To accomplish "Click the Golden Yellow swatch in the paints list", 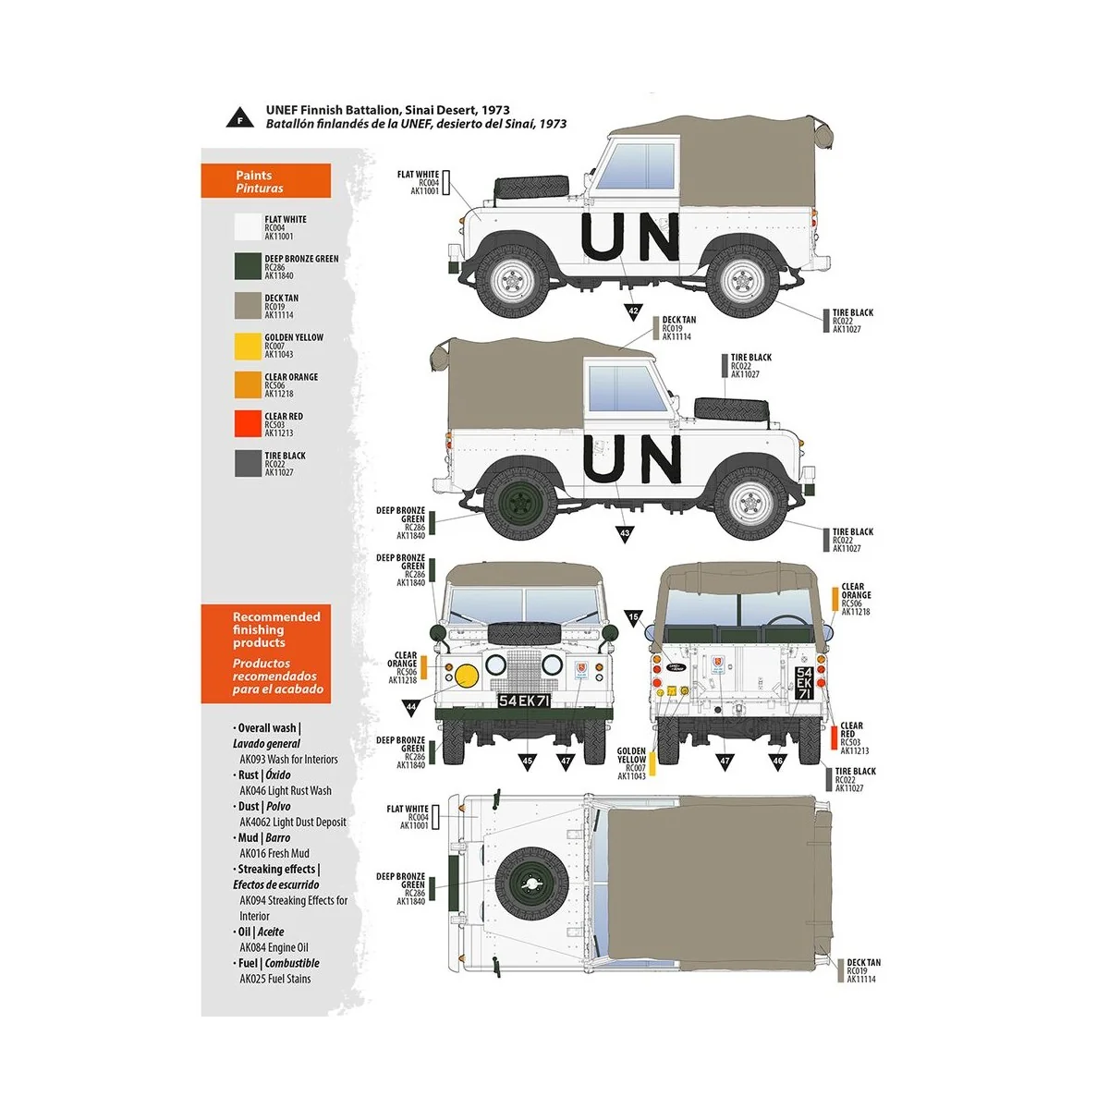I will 249,347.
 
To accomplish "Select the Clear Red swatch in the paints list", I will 249,424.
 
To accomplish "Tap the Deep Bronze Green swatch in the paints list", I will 249,267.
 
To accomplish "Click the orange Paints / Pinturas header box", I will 265,181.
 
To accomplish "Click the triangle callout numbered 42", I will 633,311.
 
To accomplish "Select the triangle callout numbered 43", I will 625,533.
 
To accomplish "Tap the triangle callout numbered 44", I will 411,706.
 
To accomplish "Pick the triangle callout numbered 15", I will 633,616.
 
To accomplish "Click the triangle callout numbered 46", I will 777,761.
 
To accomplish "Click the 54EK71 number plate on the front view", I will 525,701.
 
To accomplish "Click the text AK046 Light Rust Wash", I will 286,791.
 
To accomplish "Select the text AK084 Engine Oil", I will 274,947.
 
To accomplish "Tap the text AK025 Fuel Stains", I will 275,979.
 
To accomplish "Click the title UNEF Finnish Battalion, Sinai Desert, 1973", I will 387,110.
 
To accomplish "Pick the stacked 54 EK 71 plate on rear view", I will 804,683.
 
